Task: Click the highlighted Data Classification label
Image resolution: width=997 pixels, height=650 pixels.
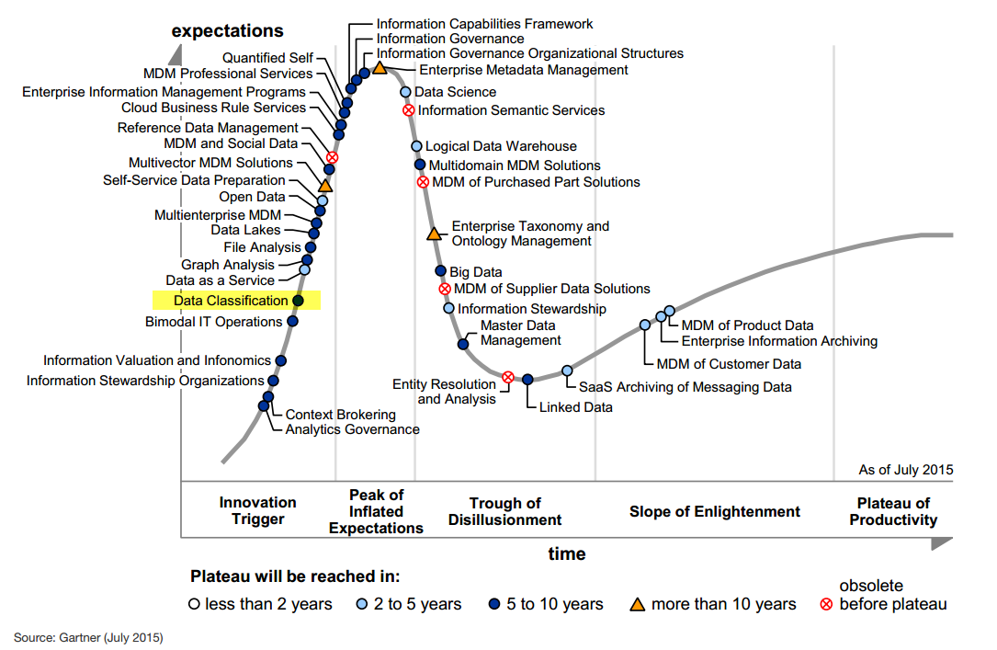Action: [x=231, y=301]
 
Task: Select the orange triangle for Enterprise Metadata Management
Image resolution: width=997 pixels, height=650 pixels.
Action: [x=379, y=68]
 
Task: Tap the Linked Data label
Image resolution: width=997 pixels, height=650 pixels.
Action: [x=575, y=406]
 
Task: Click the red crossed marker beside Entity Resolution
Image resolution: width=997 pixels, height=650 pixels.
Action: [x=507, y=377]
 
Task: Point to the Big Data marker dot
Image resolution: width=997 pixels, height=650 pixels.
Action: [x=440, y=271]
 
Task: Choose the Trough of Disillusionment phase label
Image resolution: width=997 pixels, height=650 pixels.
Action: [x=504, y=511]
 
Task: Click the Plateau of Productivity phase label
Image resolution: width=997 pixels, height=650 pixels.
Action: [x=893, y=511]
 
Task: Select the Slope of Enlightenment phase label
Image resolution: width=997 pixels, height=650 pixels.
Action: [x=714, y=511]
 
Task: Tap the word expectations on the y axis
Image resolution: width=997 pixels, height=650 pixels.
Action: [x=227, y=31]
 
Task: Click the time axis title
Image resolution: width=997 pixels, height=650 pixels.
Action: [x=567, y=553]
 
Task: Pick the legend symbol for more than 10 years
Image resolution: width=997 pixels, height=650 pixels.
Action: [x=636, y=604]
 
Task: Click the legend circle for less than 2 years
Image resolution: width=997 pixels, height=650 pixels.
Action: [x=194, y=604]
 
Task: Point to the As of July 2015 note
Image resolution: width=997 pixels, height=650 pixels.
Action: [x=906, y=470]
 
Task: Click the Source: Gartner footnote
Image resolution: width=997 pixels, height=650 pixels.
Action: [x=88, y=636]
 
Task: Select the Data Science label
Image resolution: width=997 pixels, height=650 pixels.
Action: [x=455, y=92]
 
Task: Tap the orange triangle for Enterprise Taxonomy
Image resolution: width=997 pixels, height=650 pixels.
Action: [x=434, y=233]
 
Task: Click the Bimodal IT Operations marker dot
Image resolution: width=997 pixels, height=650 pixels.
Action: [x=292, y=322]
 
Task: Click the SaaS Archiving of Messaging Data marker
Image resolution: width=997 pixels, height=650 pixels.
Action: [x=567, y=371]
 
